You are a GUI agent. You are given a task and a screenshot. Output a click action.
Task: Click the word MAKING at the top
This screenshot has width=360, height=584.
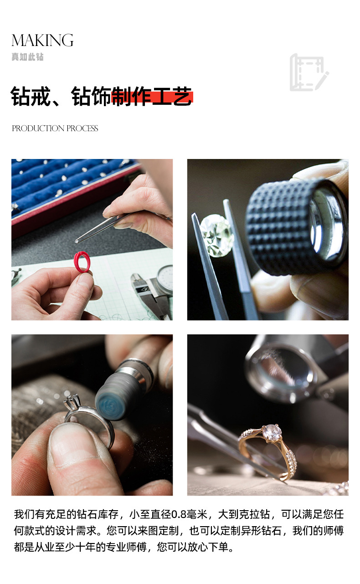[42, 41]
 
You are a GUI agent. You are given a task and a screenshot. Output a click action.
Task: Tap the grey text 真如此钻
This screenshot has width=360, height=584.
[27, 57]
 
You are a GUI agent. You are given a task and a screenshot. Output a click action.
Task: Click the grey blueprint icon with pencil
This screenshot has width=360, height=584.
[309, 72]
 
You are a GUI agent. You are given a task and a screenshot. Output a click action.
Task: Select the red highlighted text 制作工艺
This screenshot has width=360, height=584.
[152, 97]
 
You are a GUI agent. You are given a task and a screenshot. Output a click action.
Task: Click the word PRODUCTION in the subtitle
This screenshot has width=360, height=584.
[38, 128]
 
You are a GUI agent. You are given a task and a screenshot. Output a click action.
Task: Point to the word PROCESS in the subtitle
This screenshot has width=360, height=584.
[82, 128]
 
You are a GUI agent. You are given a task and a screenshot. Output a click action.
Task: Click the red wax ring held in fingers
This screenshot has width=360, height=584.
[82, 262]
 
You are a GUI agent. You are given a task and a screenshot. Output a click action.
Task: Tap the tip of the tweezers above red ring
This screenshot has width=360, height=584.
[76, 242]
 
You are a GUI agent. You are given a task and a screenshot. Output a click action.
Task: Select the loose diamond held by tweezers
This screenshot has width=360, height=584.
[217, 235]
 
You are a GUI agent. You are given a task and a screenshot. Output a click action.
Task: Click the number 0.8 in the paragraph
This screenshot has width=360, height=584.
[179, 514]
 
